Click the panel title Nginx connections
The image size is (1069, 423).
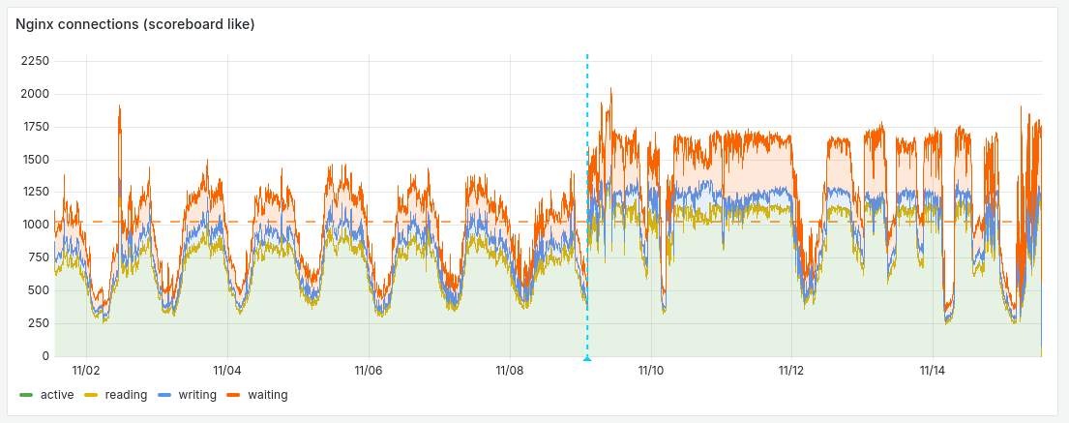pyautogui.click(x=134, y=24)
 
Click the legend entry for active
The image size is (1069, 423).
pyautogui.click(x=57, y=395)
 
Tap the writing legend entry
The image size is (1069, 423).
pyautogui.click(x=196, y=395)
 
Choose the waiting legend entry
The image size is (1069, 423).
pyautogui.click(x=267, y=395)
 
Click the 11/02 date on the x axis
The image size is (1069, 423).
pyautogui.click(x=87, y=370)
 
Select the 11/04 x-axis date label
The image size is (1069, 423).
pyautogui.click(x=227, y=370)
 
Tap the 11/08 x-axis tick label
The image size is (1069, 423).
pyautogui.click(x=510, y=370)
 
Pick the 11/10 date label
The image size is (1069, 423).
pyautogui.click(x=651, y=370)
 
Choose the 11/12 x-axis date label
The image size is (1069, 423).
pyautogui.click(x=791, y=370)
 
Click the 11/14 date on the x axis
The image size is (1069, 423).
pyautogui.click(x=933, y=370)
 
